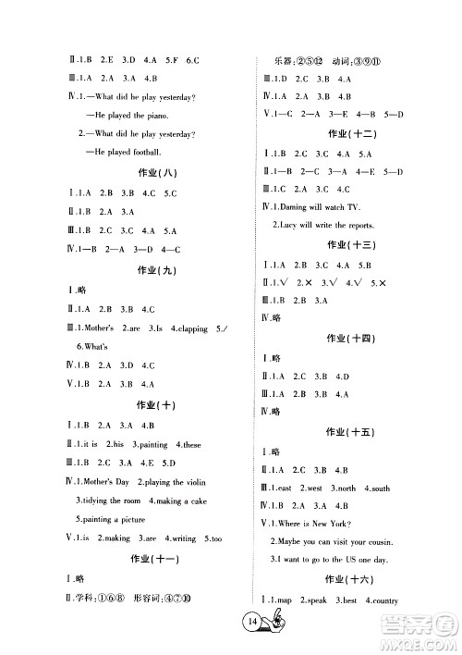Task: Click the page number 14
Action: (226, 621)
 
